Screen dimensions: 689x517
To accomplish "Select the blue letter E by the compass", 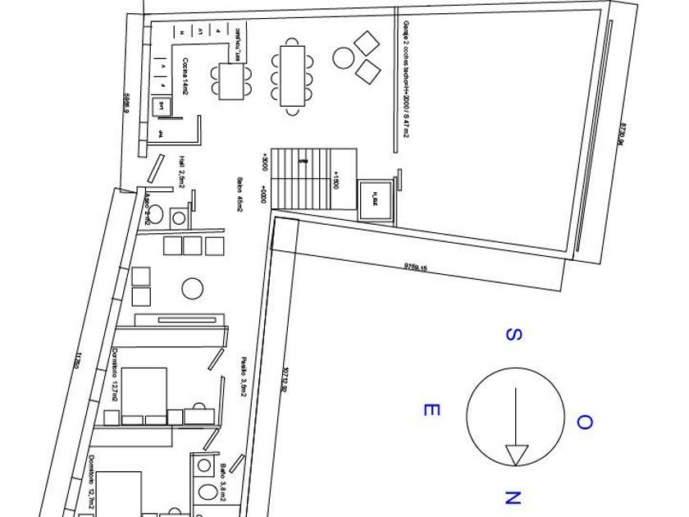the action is point(428,409).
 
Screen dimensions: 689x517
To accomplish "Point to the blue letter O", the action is point(584,423).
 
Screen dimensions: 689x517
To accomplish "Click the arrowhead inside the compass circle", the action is point(517,454).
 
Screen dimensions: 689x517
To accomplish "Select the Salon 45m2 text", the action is point(240,194).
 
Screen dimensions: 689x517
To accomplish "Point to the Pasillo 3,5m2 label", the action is point(244,376).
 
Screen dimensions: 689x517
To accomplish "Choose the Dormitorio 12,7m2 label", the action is point(115,375).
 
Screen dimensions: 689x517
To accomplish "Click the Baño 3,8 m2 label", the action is point(223,482).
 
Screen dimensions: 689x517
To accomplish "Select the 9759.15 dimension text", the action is point(417,266).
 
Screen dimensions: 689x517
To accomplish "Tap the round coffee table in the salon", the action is point(192,289).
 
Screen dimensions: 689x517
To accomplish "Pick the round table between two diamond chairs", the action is point(343,57).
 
